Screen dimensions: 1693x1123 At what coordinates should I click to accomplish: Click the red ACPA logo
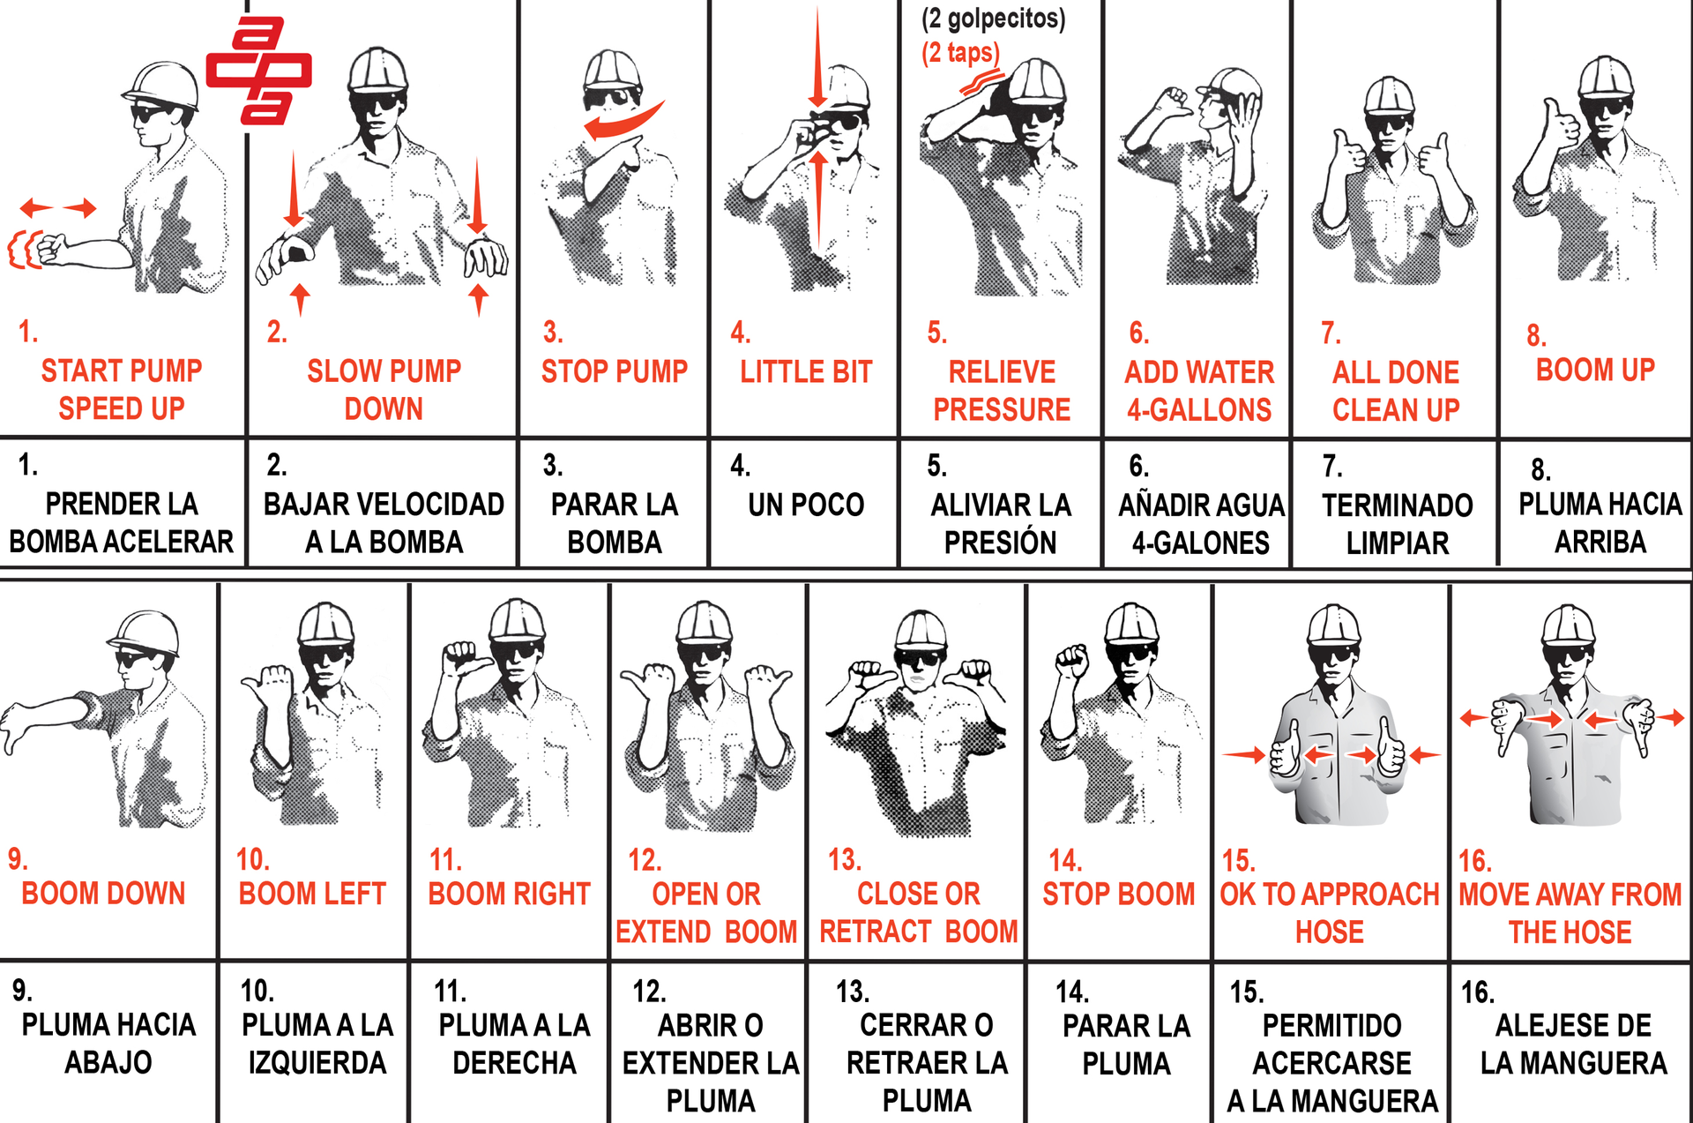[258, 70]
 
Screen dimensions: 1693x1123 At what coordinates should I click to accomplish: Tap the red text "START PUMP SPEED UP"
[122, 389]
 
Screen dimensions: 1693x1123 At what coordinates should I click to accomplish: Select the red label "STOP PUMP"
[615, 371]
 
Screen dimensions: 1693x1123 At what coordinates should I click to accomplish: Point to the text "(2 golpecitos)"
[993, 19]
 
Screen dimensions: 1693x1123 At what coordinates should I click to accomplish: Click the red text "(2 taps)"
[960, 52]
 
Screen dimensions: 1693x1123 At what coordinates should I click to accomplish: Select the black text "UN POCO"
[806, 505]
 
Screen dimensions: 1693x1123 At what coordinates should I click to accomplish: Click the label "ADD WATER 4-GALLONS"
[1199, 391]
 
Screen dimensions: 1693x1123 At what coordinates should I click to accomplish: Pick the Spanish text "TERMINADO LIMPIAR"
[1398, 524]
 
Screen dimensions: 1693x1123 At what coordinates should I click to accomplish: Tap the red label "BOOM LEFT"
[312, 894]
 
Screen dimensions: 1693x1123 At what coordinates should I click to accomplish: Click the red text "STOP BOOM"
[1118, 894]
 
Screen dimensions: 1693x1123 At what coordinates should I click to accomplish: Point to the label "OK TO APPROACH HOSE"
[1330, 913]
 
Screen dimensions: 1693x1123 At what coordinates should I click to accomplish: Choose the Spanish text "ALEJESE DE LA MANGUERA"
[1574, 1044]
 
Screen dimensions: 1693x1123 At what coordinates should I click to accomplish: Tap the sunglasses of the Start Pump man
[152, 114]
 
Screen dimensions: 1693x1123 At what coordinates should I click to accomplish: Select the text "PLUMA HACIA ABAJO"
[108, 1044]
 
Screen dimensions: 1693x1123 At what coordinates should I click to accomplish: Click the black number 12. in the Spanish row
[649, 992]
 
